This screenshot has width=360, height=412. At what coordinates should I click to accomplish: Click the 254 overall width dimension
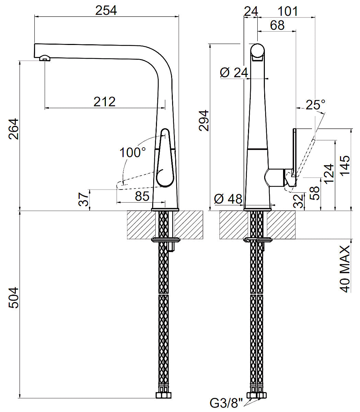[106, 10]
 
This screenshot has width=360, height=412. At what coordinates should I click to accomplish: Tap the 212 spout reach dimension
[104, 102]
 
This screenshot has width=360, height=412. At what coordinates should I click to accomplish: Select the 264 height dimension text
[14, 129]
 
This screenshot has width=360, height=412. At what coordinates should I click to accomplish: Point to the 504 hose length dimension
[14, 298]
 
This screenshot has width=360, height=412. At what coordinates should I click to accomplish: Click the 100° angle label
[133, 152]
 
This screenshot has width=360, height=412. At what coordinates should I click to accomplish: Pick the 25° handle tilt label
[315, 104]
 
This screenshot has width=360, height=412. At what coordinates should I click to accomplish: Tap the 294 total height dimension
[204, 121]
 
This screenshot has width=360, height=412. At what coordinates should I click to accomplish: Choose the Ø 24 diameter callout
[234, 72]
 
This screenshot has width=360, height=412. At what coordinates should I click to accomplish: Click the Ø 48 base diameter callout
[228, 199]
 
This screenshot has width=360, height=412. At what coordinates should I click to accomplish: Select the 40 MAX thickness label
[345, 268]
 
